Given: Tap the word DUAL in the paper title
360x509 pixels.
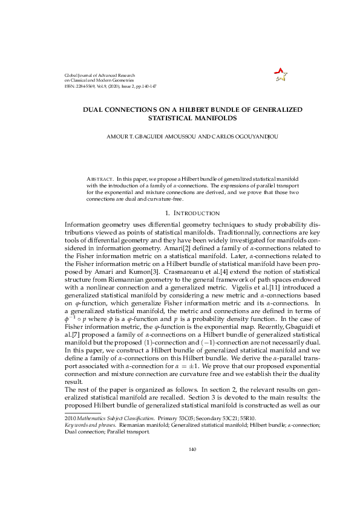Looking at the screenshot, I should click(x=95, y=109).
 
